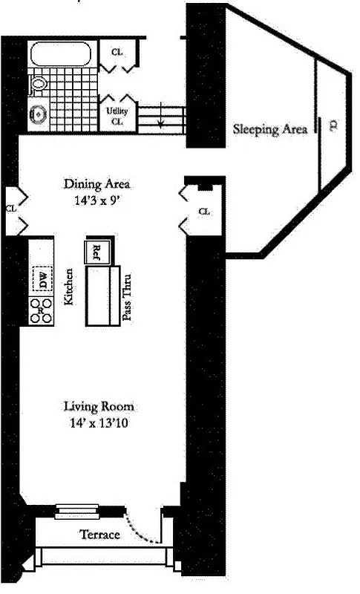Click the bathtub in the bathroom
click(x=60, y=55)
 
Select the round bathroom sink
click(x=39, y=115)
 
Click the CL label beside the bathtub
click(x=117, y=53)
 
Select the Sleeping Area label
click(x=270, y=129)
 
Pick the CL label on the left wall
click(x=10, y=209)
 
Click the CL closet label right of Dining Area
click(x=204, y=212)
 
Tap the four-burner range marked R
click(x=42, y=310)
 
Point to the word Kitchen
click(x=68, y=288)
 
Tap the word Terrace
click(x=99, y=535)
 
